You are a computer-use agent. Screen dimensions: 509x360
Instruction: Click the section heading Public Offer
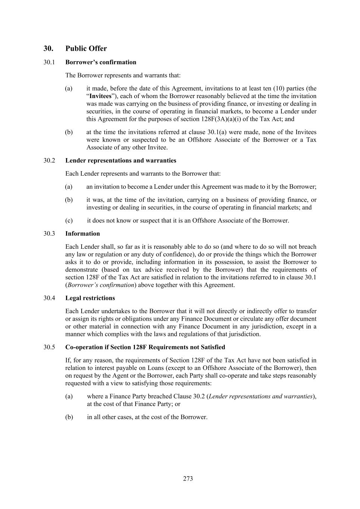(86, 48)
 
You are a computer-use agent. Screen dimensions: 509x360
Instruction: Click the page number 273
(188, 479)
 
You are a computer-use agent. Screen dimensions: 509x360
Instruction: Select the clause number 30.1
(49, 62)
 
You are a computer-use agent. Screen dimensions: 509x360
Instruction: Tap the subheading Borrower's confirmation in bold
(101, 62)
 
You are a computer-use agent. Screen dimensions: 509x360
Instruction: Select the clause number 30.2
(49, 160)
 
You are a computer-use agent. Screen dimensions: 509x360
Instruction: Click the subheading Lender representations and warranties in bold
(121, 160)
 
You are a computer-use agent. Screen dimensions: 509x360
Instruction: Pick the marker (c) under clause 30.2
(69, 220)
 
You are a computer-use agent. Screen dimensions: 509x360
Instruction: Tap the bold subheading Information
(82, 233)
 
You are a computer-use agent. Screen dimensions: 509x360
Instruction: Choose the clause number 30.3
(49, 233)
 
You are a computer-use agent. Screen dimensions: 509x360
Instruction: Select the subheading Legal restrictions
(90, 298)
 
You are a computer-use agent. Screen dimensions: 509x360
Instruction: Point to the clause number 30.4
(49, 298)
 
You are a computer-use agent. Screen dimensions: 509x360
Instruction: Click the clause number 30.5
(49, 347)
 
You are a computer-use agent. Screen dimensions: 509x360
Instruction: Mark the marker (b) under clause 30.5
(69, 417)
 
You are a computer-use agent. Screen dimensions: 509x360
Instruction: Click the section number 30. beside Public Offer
(48, 48)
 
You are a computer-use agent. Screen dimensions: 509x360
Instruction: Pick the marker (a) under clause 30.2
(69, 186)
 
